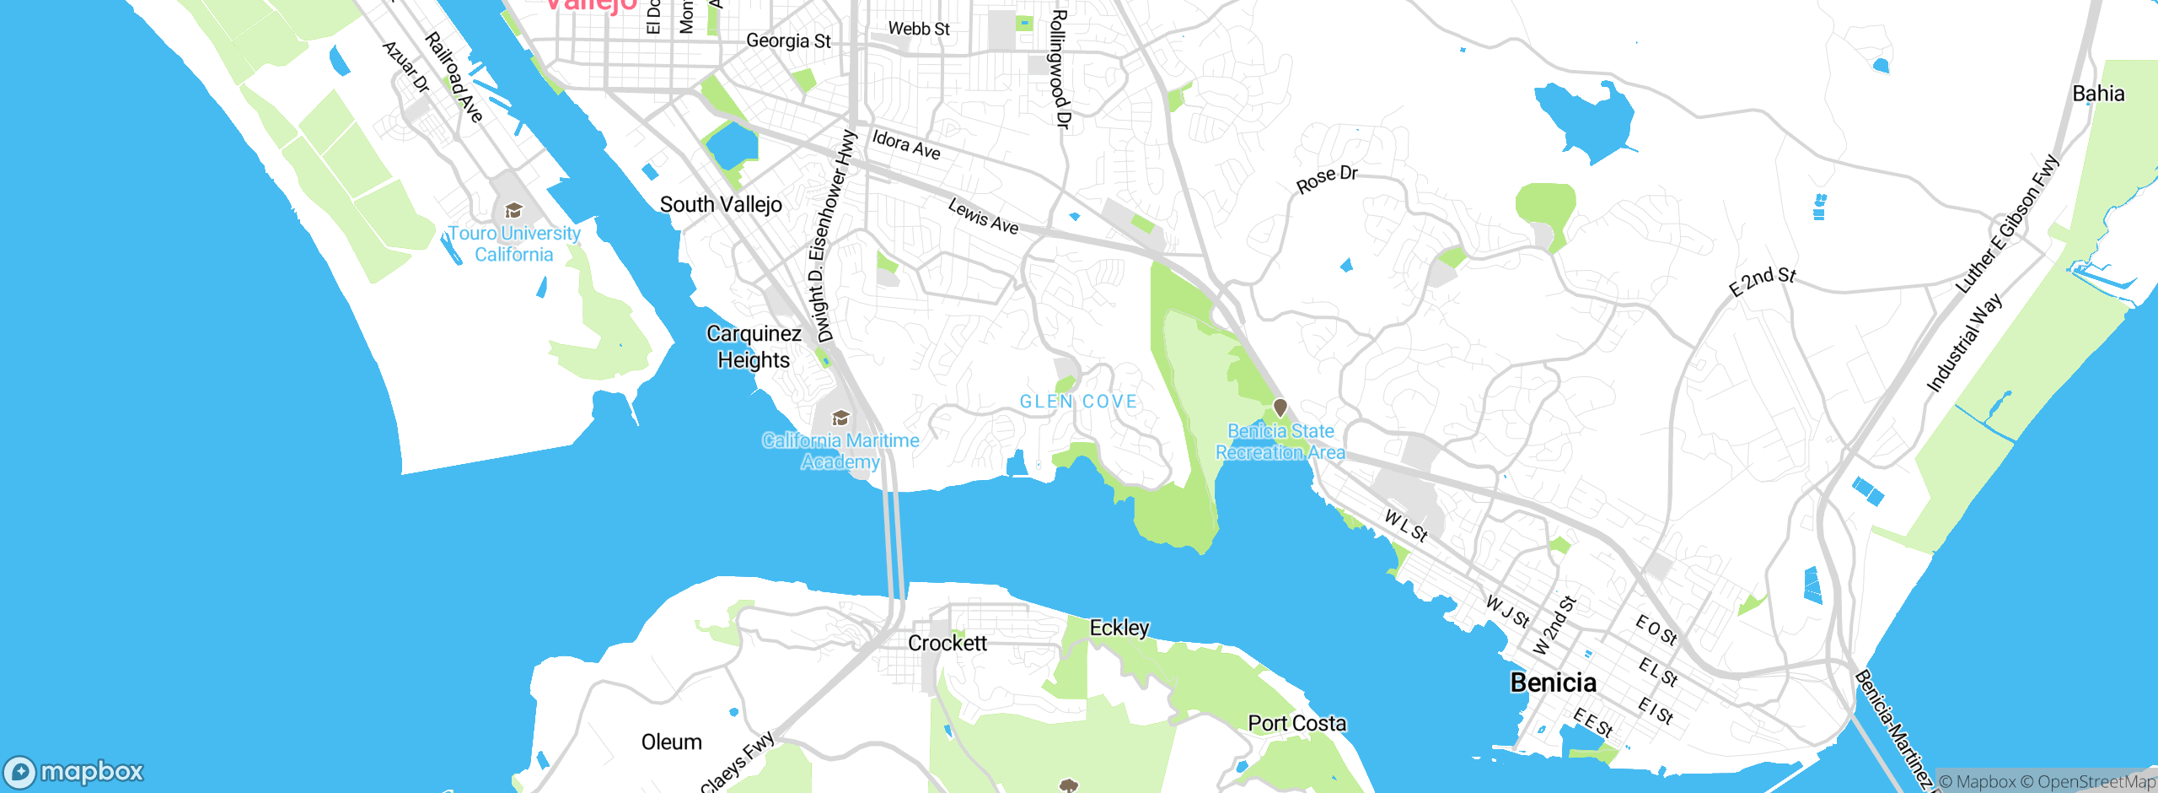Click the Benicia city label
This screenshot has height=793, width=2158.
click(1553, 682)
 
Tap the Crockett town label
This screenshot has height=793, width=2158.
click(947, 643)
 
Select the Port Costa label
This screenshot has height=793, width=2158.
click(1296, 723)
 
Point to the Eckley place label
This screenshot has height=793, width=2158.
click(1119, 628)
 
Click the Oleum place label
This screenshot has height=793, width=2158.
click(671, 742)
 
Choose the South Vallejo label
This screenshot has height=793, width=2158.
click(721, 204)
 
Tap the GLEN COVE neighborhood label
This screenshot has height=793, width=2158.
click(1078, 402)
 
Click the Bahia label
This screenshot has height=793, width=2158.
click(2098, 94)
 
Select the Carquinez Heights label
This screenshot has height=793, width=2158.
click(754, 347)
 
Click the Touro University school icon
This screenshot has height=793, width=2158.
click(513, 210)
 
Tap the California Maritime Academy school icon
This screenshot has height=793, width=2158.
click(840, 418)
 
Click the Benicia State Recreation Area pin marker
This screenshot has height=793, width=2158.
click(1280, 408)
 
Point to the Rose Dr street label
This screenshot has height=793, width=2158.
click(1327, 179)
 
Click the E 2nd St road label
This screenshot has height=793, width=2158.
click(1762, 281)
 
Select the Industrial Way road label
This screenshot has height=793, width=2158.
click(1964, 343)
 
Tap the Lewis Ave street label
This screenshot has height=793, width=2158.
click(983, 216)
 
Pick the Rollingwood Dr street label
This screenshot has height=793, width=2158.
click(1059, 69)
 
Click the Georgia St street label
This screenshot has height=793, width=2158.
click(788, 40)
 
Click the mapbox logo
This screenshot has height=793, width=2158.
click(74, 771)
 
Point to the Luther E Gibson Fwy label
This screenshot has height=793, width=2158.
click(2006, 224)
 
